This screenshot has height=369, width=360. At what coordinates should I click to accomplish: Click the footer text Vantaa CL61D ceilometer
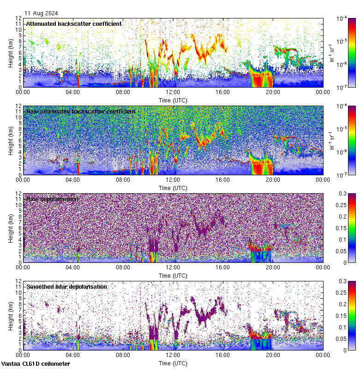[x=36, y=364]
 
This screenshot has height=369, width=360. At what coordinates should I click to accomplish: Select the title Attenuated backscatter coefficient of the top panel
[x=74, y=24]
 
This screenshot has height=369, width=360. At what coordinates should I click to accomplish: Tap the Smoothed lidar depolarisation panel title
[x=66, y=286]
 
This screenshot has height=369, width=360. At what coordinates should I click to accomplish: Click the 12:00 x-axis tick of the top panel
[x=173, y=92]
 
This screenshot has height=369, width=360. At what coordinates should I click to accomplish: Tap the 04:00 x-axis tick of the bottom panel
[x=73, y=355]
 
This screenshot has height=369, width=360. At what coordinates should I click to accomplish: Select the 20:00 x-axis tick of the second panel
[x=273, y=180]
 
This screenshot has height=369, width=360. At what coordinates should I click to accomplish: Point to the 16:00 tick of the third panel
[x=223, y=268]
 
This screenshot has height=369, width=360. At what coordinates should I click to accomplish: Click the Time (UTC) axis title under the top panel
[x=173, y=100]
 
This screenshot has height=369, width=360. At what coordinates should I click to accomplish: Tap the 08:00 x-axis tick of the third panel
[x=123, y=268]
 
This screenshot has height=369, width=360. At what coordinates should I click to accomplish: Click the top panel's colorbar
[x=352, y=53]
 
